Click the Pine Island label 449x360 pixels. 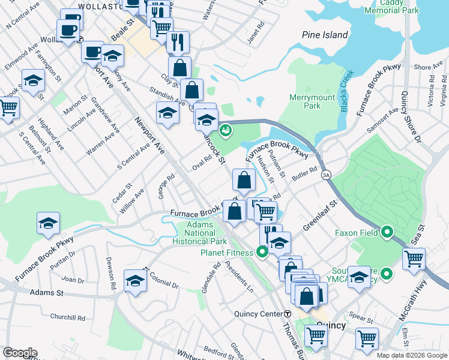(325, 35)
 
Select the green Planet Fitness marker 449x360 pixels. (262, 252)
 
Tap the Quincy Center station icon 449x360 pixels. (288, 314)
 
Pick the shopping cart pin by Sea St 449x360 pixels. (414, 259)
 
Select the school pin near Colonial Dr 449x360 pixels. (136, 281)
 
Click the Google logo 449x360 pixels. (20, 353)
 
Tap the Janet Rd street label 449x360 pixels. (256, 34)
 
